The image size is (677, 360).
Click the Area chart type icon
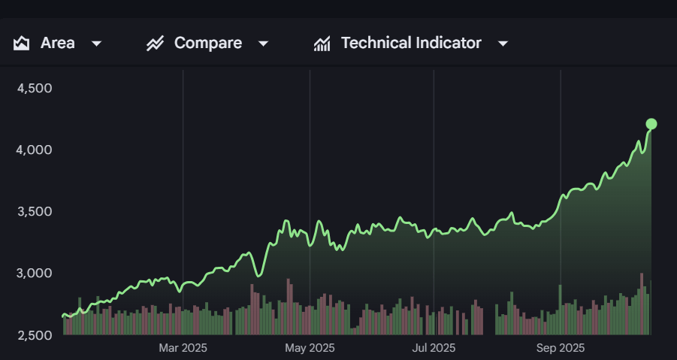pos(21,43)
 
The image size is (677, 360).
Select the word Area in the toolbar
pos(58,43)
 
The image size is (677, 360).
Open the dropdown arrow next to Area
pos(96,44)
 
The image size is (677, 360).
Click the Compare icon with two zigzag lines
pos(155,43)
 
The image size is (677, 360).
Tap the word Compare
pos(208,43)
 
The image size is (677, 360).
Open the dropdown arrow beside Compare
pos(263,44)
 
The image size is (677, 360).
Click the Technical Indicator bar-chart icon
pos(322,44)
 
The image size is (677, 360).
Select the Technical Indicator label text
pos(411,43)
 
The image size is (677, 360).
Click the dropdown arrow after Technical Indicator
pos(503,44)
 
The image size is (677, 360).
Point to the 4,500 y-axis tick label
pos(34,88)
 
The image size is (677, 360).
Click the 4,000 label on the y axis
pos(34,150)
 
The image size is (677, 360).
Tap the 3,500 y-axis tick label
pos(34,211)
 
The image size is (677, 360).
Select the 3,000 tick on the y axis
pos(34,273)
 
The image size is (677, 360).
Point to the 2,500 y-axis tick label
pos(34,334)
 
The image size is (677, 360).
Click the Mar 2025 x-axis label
pos(183,348)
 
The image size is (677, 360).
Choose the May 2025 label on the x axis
pos(310,348)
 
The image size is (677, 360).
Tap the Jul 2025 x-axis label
pos(434,348)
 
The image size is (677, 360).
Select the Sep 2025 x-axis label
pos(560,348)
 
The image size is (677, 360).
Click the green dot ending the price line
pos(651,124)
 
